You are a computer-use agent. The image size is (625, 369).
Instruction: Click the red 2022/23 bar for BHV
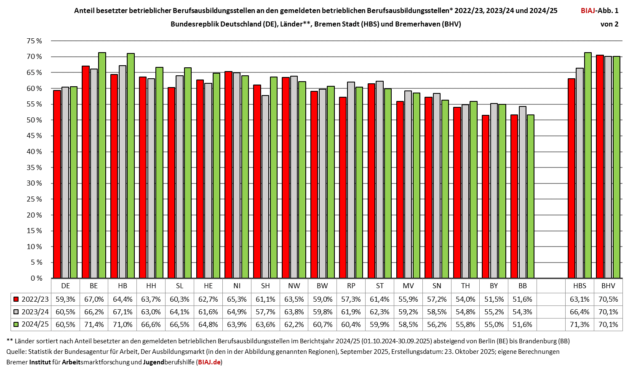pyautogui.click(x=600, y=166)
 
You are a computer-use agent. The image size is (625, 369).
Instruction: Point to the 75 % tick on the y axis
pyautogui.click(x=35, y=41)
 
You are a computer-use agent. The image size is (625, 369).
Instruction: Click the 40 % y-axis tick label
pyautogui.click(x=35, y=151)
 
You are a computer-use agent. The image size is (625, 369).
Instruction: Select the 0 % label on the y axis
pyautogui.click(x=37, y=278)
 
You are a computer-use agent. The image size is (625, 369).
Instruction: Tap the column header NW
pyautogui.click(x=294, y=286)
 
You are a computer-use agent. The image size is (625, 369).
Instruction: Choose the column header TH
pyautogui.click(x=465, y=286)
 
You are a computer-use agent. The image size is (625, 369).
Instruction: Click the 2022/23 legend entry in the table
pyautogui.click(x=31, y=299)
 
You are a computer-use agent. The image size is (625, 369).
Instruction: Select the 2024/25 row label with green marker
pyautogui.click(x=31, y=324)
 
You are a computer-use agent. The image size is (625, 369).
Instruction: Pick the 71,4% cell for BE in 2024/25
pyautogui.click(x=94, y=324)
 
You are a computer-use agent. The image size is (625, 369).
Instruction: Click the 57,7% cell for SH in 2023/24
pyautogui.click(x=265, y=312)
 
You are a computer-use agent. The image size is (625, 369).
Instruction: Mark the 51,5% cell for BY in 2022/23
pyautogui.click(x=494, y=299)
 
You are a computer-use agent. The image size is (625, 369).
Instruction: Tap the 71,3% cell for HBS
pyautogui.click(x=580, y=324)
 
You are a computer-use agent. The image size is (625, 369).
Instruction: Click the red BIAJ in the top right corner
pyautogui.click(x=588, y=11)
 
